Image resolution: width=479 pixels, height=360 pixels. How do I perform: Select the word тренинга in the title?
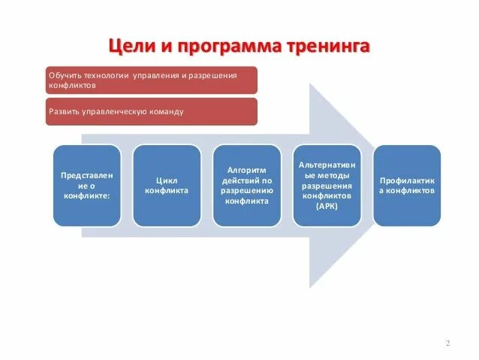328,48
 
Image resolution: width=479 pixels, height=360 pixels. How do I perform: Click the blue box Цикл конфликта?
167,186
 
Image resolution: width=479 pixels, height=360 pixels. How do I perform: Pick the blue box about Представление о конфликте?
87,186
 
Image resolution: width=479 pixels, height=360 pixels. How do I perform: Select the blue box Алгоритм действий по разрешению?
246,186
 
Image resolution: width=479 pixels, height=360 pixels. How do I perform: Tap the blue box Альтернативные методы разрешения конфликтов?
327,185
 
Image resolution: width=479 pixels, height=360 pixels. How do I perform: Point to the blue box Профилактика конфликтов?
406,186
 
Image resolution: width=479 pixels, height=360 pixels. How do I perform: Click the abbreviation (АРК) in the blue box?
327,205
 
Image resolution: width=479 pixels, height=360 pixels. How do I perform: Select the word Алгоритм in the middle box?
246,171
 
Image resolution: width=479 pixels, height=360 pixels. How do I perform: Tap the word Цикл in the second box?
167,180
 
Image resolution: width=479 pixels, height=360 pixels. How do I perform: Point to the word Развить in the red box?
63,111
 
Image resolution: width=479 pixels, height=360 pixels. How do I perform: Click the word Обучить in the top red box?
65,76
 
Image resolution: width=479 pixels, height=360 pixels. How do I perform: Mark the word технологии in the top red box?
106,76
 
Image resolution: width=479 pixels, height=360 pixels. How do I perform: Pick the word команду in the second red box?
165,111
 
